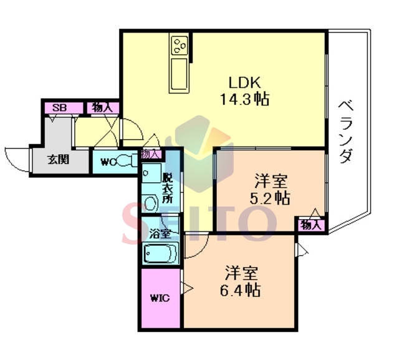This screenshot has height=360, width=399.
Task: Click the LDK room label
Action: point(244,82)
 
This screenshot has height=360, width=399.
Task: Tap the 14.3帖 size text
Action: point(244,99)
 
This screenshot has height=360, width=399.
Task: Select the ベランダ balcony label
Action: point(347,132)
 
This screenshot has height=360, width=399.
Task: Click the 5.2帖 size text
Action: point(270,198)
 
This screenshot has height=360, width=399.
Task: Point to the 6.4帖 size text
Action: point(240,289)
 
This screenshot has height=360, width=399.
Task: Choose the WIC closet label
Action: point(160,298)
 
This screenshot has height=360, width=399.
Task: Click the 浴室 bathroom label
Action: point(160,234)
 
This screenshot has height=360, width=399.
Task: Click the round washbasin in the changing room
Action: point(151,203)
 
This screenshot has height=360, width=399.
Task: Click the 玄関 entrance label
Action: point(59,160)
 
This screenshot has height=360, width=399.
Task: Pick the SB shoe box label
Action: point(60,108)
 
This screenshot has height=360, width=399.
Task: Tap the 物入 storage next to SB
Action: point(102,108)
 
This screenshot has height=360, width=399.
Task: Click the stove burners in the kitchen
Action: point(180,46)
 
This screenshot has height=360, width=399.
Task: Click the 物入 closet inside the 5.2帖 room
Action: point(310,225)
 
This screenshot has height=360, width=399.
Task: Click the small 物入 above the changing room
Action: point(151,154)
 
